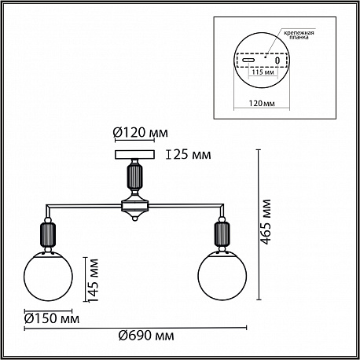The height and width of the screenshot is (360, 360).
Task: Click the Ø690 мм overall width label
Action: tap(146, 336)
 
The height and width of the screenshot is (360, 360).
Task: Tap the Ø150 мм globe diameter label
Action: tap(52, 319)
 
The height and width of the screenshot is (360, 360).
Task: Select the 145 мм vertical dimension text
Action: tap(93, 280)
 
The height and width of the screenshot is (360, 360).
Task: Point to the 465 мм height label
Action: tap(266, 222)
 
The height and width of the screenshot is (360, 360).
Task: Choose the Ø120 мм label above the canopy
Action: tap(141, 133)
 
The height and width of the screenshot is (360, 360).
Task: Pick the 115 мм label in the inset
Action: tap(263, 72)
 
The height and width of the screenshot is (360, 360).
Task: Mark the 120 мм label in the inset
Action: tap(262, 103)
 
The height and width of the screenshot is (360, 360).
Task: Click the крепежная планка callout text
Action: tap(299, 35)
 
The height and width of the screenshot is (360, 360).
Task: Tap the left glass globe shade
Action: tap(48, 276)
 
